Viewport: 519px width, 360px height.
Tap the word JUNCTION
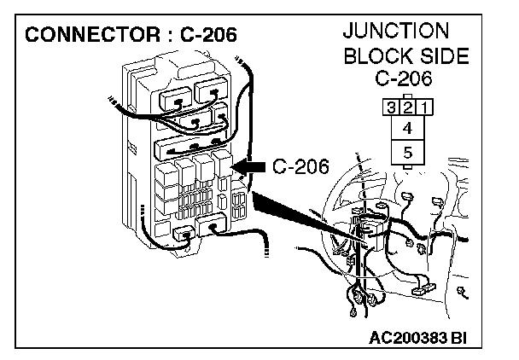pos(395,31)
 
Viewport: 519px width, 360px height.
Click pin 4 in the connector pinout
pos(406,129)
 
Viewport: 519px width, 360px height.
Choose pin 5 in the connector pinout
pos(406,153)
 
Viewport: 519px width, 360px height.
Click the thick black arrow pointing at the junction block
pos(252,167)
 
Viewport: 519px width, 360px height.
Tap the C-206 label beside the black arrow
pos(300,166)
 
